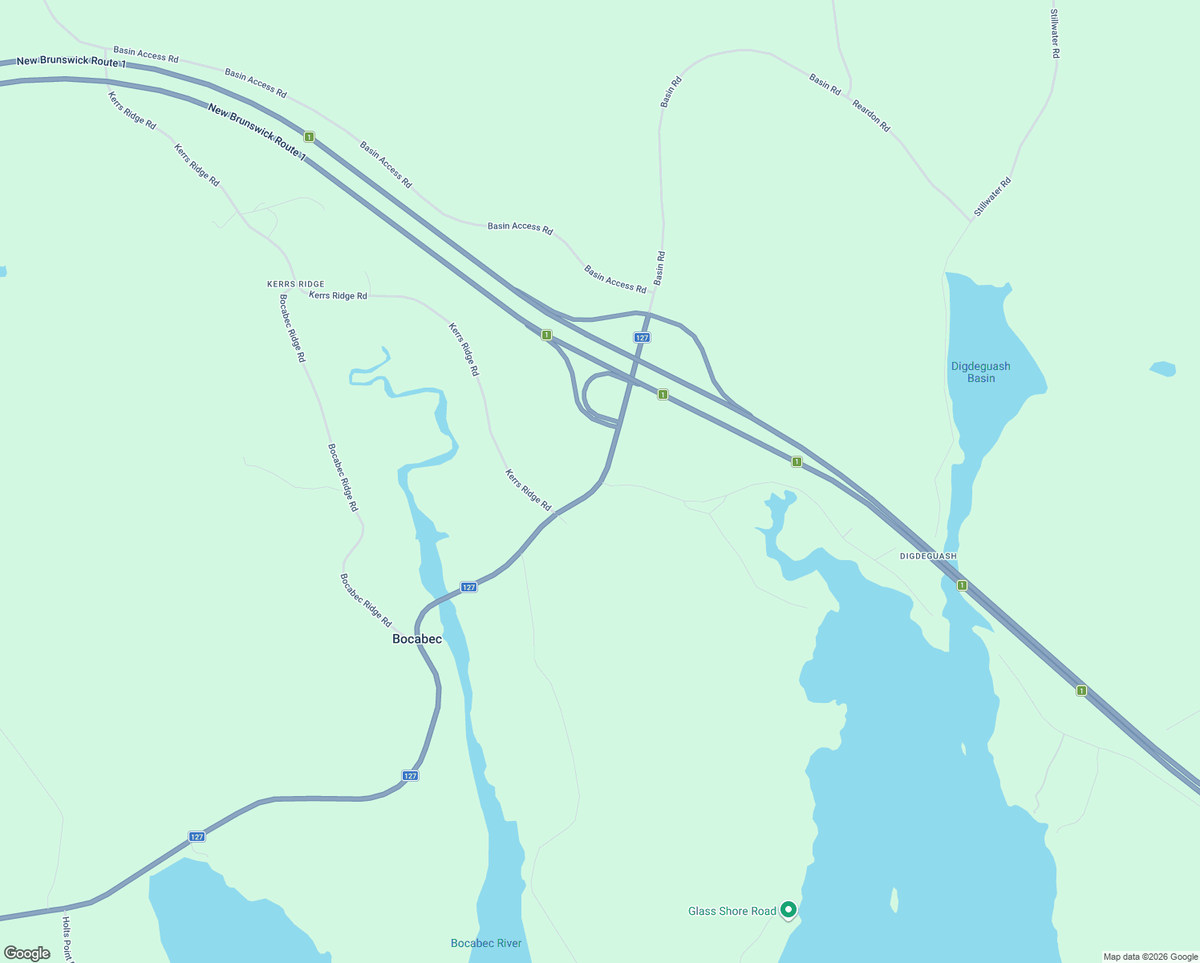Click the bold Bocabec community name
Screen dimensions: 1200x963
416,639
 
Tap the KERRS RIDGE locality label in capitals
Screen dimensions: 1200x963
295,284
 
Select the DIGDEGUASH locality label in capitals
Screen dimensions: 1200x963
928,556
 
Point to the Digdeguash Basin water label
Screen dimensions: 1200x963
980,372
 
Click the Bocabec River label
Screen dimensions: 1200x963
486,943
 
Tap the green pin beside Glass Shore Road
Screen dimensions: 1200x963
789,909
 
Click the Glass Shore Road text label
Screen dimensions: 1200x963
732,911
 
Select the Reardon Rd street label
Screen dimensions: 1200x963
871,116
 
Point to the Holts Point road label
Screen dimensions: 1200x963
67,939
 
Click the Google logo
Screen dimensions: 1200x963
26,953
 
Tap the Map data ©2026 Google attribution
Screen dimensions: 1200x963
1149,957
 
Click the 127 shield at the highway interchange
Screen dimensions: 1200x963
642,338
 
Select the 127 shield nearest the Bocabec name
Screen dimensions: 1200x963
469,587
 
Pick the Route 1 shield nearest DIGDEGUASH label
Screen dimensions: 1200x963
962,586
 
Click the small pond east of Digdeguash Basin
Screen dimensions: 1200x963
1163,369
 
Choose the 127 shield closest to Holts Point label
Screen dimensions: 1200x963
197,837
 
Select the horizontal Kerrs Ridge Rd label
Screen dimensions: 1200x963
338,296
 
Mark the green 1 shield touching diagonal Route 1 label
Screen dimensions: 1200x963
309,137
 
